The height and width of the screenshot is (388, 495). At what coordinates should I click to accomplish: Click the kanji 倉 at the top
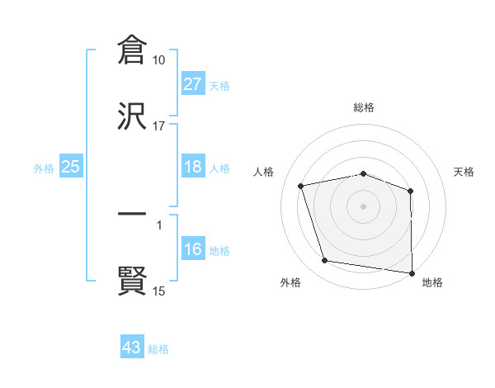[131, 51]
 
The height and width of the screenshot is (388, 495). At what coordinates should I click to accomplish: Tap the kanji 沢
[131, 116]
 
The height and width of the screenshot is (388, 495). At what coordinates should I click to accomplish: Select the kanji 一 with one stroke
[131, 214]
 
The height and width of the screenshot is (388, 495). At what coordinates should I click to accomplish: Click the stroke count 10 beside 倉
[159, 60]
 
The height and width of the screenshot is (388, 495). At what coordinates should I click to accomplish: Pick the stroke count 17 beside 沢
[159, 125]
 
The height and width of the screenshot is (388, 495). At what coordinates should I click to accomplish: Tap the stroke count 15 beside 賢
[159, 291]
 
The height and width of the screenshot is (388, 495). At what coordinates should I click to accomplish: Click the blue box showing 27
[193, 84]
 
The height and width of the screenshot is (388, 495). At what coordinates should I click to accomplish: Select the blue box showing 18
[193, 167]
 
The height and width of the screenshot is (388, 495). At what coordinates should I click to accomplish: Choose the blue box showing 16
[193, 249]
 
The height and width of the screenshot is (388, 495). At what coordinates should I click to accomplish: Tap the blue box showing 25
[71, 167]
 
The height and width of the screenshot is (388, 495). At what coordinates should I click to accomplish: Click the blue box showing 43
[132, 348]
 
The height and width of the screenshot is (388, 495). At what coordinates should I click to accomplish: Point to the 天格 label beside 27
[219, 86]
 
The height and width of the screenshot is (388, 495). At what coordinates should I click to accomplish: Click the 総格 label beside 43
[158, 349]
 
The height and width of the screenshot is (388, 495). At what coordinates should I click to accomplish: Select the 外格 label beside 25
[44, 168]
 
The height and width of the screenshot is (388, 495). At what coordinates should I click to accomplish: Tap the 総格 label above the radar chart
[364, 108]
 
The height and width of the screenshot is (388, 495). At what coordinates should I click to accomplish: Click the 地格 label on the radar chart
[432, 282]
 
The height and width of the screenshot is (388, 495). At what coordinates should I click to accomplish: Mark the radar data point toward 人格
[302, 186]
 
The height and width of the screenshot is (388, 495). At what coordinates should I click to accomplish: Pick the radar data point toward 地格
[412, 272]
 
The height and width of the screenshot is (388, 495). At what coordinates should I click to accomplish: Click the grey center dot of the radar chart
[364, 206]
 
